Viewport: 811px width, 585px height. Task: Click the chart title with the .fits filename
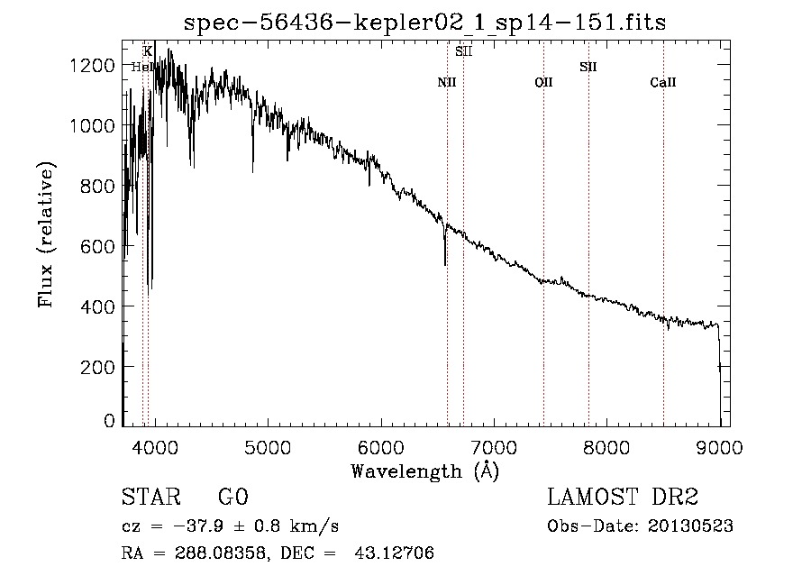[x=424, y=23]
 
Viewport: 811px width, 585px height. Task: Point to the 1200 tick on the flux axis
[x=92, y=66]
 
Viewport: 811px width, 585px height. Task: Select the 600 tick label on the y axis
[x=97, y=246]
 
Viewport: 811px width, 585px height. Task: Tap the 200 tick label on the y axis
[x=97, y=367]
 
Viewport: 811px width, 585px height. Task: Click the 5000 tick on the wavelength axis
[x=268, y=447]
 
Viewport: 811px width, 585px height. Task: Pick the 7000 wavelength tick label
[x=494, y=447]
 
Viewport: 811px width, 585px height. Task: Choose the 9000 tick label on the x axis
[x=719, y=447]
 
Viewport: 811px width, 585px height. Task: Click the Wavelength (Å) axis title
[x=425, y=471]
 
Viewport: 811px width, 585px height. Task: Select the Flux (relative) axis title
[x=46, y=235]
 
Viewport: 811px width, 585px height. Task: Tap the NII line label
[x=447, y=82]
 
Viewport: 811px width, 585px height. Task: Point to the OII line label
[x=543, y=82]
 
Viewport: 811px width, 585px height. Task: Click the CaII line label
[x=663, y=82]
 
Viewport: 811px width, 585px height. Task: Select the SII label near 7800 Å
[x=588, y=67]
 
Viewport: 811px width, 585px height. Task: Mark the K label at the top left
[x=148, y=51]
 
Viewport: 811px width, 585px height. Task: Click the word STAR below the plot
[x=151, y=497]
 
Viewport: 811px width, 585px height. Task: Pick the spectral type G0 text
[x=233, y=497]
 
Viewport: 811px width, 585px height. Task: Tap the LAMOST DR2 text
[x=623, y=497]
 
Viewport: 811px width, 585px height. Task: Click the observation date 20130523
[x=690, y=526]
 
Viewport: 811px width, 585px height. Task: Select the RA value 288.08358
[x=221, y=553]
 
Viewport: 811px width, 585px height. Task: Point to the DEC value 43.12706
[x=394, y=553]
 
